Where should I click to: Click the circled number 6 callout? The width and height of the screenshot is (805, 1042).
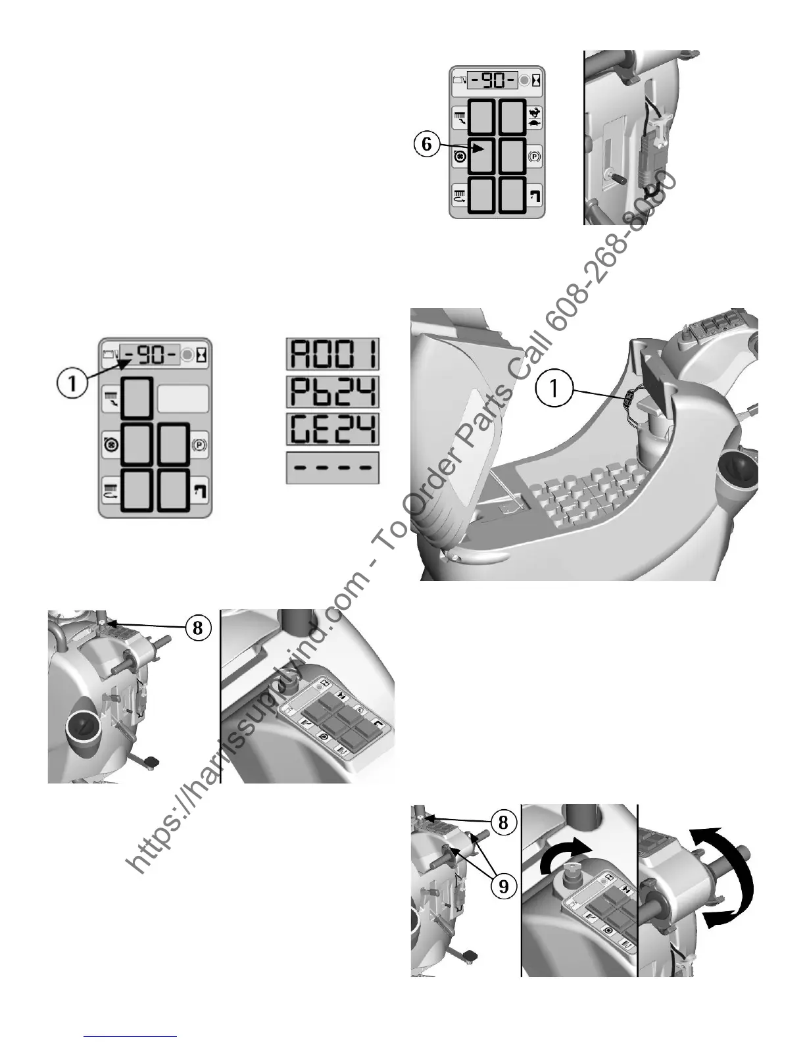(x=427, y=144)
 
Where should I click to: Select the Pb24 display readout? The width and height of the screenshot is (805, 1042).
(x=333, y=393)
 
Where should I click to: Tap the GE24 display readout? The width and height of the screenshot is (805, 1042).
(x=333, y=430)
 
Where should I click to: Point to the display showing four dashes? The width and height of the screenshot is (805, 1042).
(x=333, y=468)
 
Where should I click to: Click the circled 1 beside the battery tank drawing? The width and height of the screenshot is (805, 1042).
(x=555, y=389)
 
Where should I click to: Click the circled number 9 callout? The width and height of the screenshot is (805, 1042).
(x=503, y=886)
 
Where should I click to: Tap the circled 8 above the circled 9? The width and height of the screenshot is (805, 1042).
(x=503, y=822)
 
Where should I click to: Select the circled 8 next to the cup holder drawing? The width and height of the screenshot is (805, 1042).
(x=197, y=628)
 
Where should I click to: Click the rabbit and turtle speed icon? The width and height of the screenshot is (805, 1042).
(x=535, y=117)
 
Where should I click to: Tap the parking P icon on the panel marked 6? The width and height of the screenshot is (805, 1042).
(x=534, y=157)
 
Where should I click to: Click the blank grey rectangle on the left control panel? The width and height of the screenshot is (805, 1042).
(x=183, y=399)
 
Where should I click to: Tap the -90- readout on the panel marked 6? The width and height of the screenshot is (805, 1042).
(x=493, y=80)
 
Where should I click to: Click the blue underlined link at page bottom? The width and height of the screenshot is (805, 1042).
(x=131, y=1037)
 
